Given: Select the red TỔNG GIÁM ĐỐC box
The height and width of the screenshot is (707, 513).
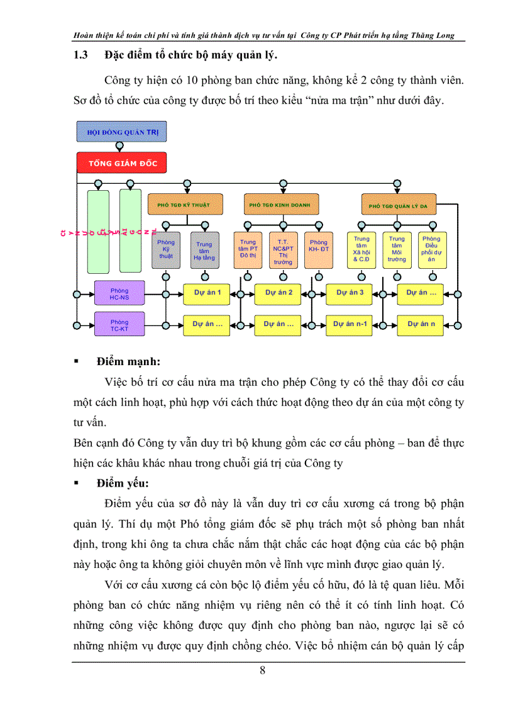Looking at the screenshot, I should tap(122, 163).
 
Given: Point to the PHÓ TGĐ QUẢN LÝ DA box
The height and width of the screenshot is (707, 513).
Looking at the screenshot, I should tap(399, 205).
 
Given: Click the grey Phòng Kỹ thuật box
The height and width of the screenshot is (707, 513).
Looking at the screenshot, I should tap(166, 250).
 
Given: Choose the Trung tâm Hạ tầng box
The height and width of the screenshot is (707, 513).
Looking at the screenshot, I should tap(204, 251).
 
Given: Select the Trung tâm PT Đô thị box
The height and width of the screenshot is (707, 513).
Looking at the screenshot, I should tap(248, 250).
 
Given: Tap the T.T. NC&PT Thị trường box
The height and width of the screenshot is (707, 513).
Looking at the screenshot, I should tap(283, 251).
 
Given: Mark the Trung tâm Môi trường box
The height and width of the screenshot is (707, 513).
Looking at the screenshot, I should tap(397, 249).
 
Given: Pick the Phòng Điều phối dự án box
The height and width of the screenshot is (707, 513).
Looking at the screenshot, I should tap(431, 249).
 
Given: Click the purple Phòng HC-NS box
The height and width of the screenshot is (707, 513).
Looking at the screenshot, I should tap(119, 293).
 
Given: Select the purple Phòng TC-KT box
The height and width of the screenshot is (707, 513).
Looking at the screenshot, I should tap(119, 325).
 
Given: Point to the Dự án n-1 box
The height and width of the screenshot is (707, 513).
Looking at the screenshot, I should tap(350, 324).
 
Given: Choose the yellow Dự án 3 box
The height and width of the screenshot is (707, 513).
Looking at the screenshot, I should tap(350, 292).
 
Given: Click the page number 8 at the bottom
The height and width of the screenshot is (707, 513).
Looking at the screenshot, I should tap(262, 670).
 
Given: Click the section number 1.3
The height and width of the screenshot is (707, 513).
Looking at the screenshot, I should tap(80, 55).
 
